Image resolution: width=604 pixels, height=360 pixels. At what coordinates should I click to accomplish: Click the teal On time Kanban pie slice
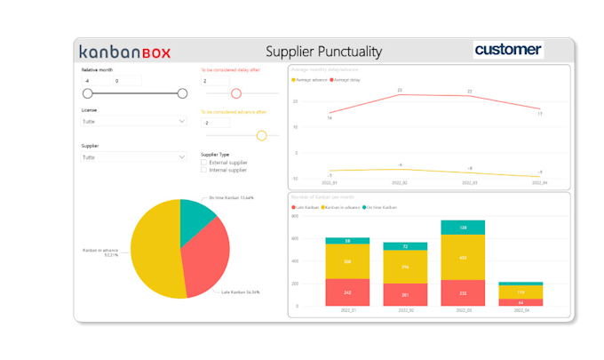click(x=195, y=218)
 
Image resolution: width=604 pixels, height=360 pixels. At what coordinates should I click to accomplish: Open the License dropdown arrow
click(x=182, y=121)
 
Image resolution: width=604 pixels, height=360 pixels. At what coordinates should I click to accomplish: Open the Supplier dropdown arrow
click(x=182, y=157)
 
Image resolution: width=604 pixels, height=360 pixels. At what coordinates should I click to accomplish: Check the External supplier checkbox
click(x=204, y=163)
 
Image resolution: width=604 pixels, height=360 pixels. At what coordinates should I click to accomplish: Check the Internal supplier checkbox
click(x=204, y=170)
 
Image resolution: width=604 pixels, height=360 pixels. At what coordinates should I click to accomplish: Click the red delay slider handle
click(x=236, y=93)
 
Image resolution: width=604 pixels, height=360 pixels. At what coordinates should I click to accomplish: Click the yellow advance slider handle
click(x=261, y=135)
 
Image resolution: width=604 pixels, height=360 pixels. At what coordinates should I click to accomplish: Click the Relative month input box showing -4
click(x=95, y=81)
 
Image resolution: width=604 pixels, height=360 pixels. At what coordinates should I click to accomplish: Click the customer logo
click(x=508, y=50)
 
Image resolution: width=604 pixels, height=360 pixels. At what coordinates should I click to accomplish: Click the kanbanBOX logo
click(x=124, y=52)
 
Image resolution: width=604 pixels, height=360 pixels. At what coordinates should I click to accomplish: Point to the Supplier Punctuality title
click(x=324, y=52)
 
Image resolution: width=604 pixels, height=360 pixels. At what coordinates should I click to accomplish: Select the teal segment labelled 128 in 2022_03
click(x=463, y=228)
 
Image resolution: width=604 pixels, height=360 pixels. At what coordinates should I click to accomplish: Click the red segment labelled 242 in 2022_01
click(x=347, y=292)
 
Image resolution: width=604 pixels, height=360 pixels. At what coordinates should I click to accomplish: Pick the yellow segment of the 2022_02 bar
click(x=405, y=267)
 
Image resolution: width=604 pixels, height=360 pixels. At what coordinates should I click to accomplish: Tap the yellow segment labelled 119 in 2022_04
click(x=521, y=292)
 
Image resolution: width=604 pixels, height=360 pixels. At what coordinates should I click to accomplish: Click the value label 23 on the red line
click(x=400, y=91)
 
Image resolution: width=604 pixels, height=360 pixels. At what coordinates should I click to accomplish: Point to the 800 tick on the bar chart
click(x=298, y=220)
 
